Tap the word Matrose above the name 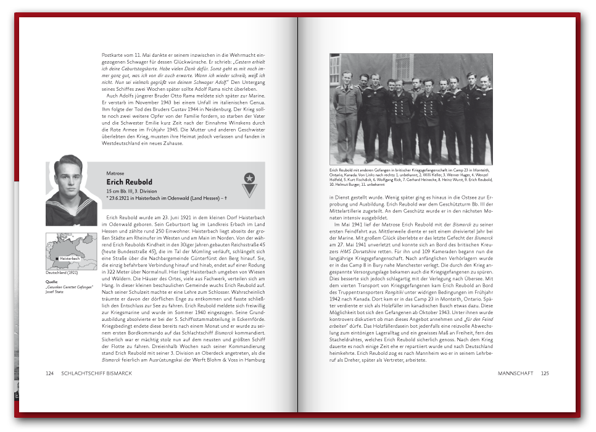(115, 173)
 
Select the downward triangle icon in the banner (249, 191)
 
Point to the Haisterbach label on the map (70, 258)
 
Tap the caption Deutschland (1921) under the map (60, 273)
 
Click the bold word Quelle (52, 281)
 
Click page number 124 (50, 373)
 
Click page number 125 (545, 373)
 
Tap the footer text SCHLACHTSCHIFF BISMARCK (96, 373)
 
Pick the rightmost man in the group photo (484, 117)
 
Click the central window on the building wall (402, 65)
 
